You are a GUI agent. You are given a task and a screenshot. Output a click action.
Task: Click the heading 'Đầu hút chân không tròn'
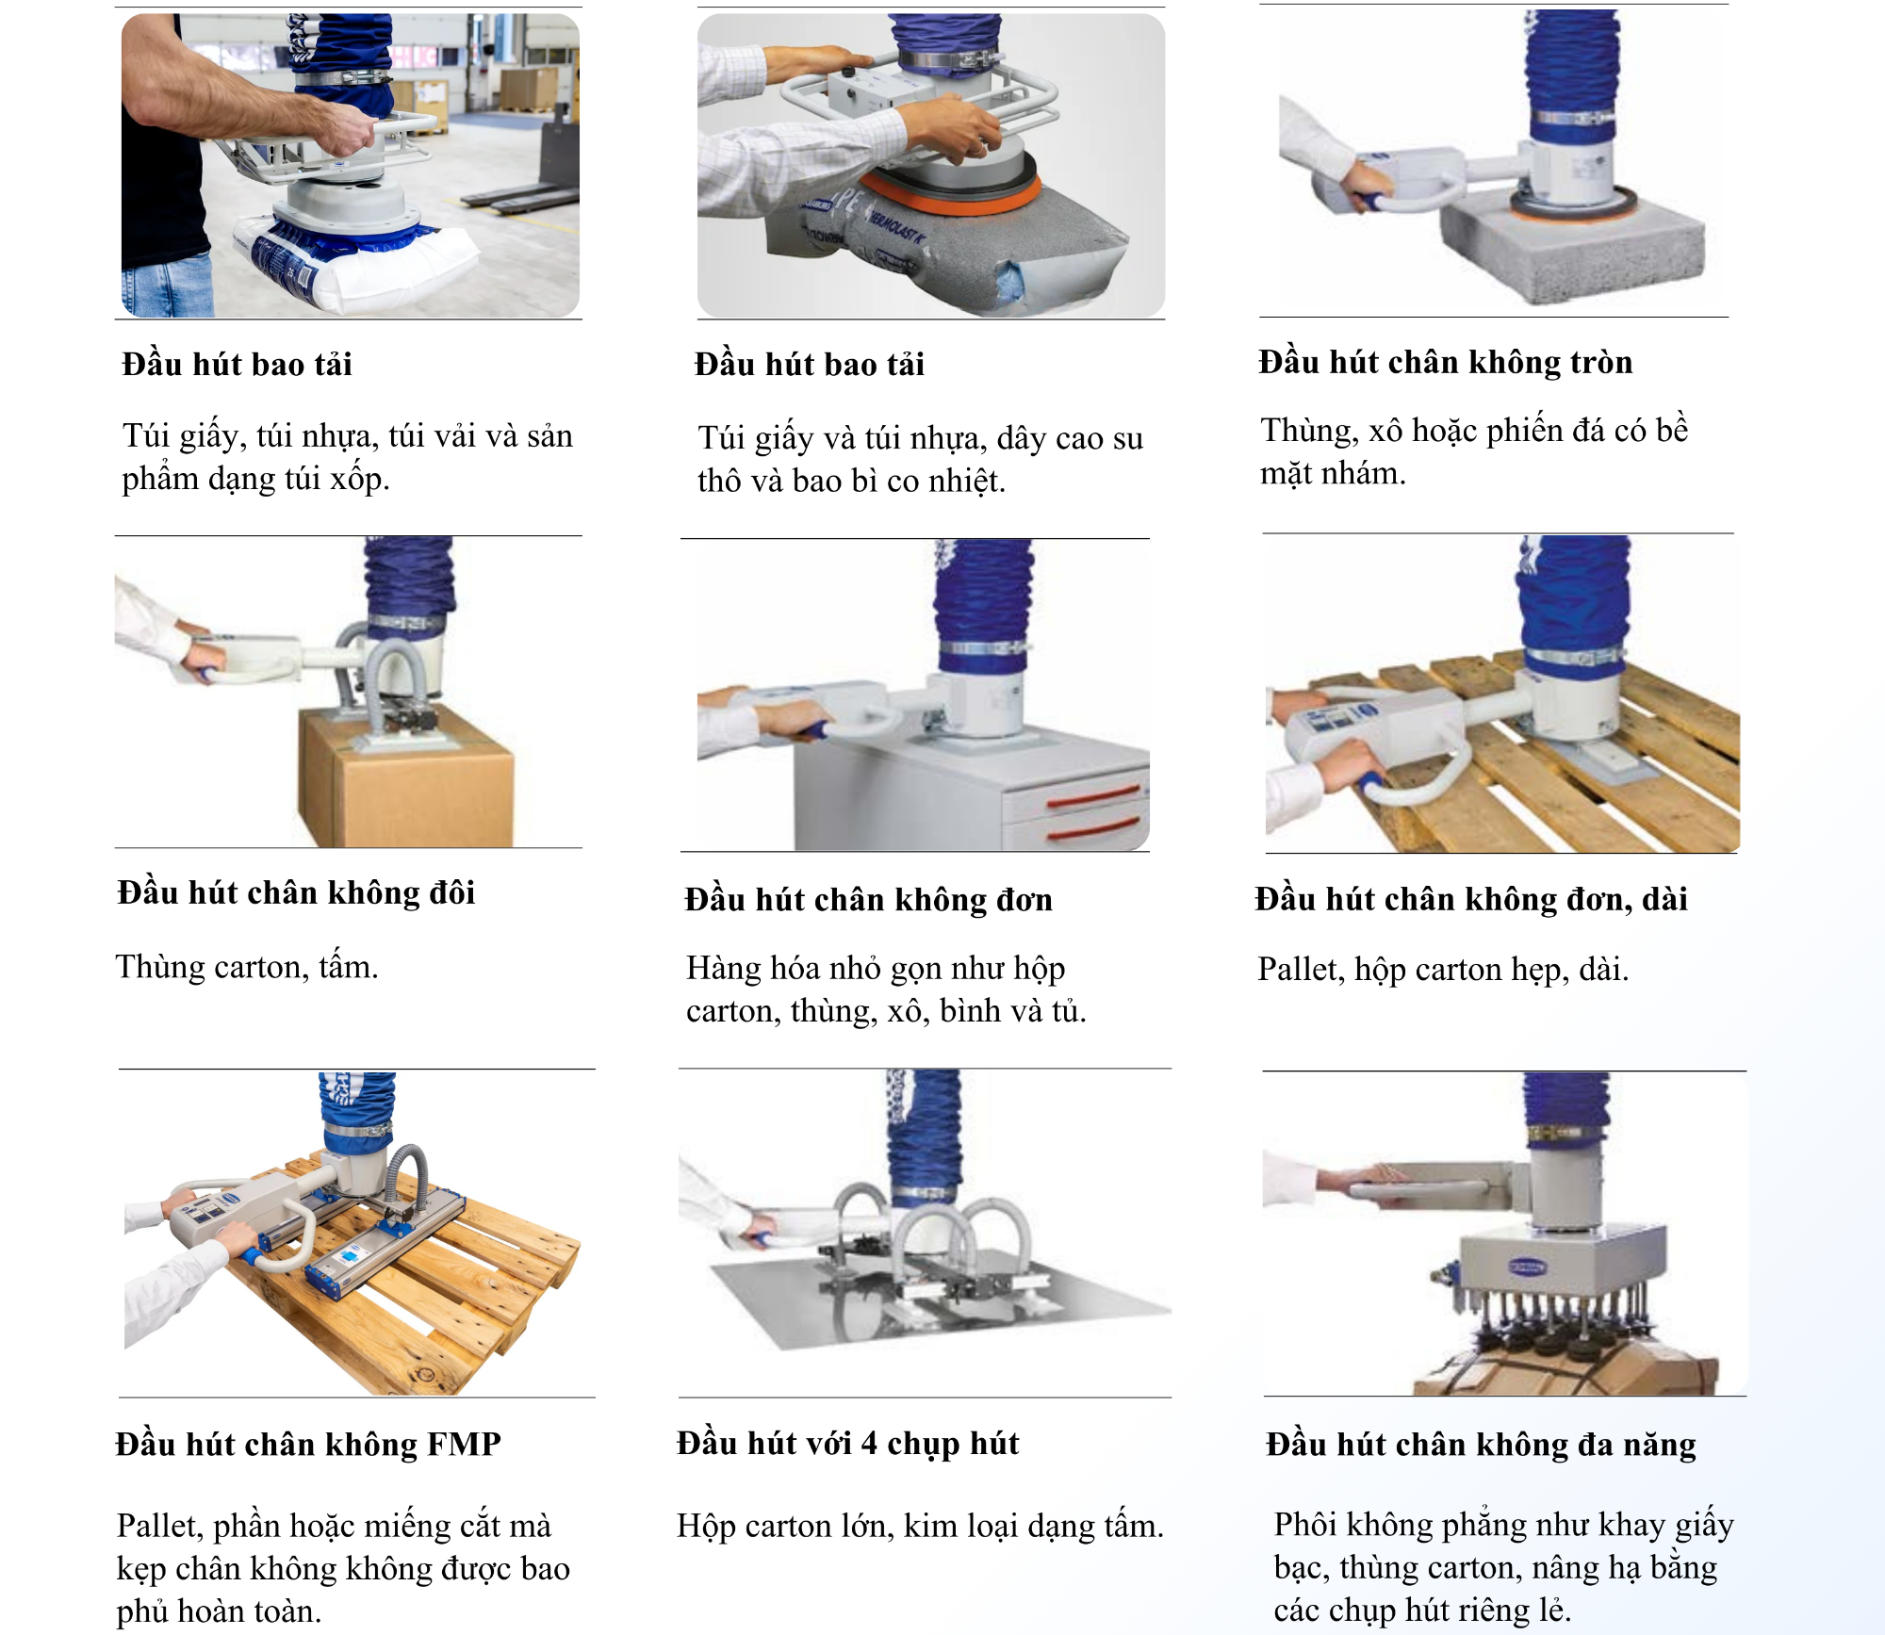[1445, 362]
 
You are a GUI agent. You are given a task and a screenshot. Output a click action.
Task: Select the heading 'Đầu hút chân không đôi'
[296, 892]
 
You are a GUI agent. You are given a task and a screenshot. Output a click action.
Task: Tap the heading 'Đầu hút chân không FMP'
[308, 1444]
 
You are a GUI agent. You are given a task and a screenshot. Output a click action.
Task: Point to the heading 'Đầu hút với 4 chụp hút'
[847, 1444]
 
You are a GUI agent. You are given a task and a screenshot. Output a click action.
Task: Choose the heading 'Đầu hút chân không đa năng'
[1481, 1445]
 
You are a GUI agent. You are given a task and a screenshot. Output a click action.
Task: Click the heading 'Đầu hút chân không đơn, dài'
[1471, 899]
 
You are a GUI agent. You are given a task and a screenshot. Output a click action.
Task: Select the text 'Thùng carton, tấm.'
[247, 968]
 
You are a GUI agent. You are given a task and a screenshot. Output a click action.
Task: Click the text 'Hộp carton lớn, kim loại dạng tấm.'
[920, 1526]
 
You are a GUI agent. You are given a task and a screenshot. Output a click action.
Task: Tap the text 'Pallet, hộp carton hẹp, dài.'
[1443, 970]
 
